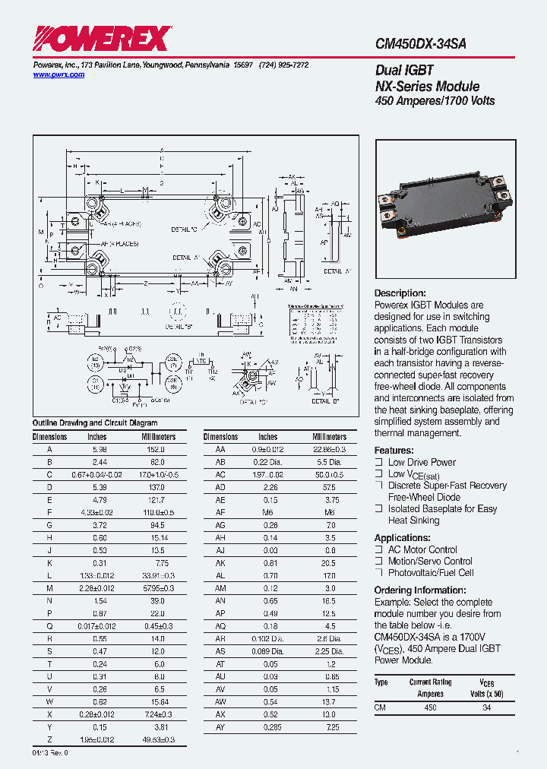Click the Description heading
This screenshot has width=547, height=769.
400,293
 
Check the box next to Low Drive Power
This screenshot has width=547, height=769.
378,462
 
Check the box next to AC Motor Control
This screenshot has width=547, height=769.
378,549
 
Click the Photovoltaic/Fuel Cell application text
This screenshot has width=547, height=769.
430,573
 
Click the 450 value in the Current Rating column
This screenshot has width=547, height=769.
430,707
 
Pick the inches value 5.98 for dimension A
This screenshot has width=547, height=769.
96,450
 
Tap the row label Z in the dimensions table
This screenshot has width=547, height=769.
49,740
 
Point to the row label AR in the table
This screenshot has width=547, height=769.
220,639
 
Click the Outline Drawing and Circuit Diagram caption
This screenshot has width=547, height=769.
95,423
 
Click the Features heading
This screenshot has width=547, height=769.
394,451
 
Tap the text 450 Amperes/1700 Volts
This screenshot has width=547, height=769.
435,101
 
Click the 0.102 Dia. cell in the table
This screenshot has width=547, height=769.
267,639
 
